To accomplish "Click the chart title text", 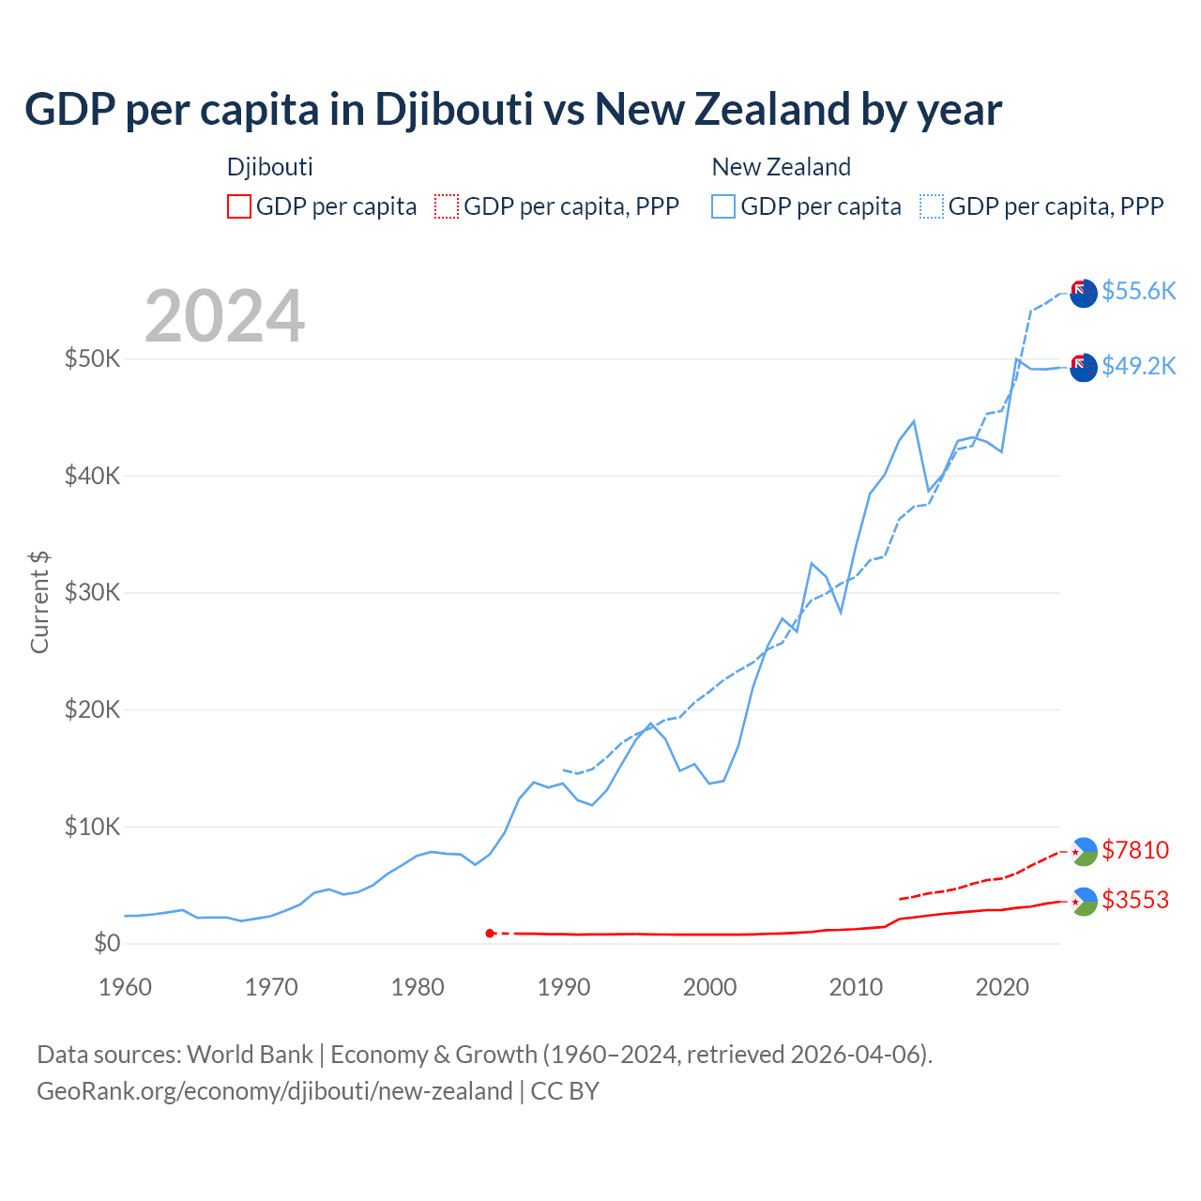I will coord(512,110).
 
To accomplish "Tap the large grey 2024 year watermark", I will coord(225,316).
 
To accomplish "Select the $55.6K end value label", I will coord(1138,292).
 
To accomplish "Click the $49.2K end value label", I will coord(1138,366).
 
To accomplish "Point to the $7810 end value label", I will coord(1135,850).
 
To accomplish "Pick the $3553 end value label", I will coord(1135,901).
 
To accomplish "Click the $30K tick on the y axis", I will coord(92,593).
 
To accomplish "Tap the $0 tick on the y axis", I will coord(107,944).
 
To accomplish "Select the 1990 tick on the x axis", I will coord(564,987).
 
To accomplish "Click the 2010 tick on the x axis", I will coord(856,987).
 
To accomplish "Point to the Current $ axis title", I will coord(39,602).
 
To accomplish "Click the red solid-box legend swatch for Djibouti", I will coord(239,206).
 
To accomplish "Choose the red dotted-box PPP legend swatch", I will coord(447,206).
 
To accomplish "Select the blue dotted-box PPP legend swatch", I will coord(932,206).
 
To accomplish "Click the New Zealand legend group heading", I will coord(781,167).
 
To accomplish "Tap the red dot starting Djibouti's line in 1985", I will coord(490,933).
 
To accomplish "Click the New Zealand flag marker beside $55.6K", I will coord(1084,293).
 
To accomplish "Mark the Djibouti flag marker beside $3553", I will coord(1084,902).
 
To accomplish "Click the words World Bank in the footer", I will coord(250,1055).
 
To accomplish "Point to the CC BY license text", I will coord(565,1091).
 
